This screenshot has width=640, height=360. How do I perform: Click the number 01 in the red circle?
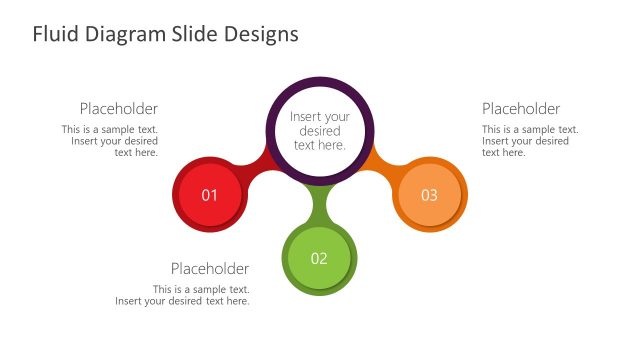click(210, 195)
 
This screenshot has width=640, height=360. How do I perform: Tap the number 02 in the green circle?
click(319, 259)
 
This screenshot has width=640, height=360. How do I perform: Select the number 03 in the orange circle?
click(429, 195)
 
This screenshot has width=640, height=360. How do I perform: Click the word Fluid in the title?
click(53, 35)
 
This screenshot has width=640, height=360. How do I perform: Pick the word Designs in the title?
click(260, 35)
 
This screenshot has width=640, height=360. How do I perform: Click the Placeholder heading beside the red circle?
click(119, 109)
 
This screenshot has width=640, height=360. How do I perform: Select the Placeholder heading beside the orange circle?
click(521, 109)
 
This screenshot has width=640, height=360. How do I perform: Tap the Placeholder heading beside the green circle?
click(210, 268)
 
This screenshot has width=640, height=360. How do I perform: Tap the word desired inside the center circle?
click(319, 131)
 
